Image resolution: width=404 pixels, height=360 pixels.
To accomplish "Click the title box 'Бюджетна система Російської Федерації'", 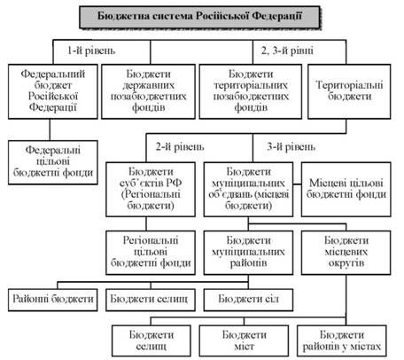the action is click(x=199, y=17).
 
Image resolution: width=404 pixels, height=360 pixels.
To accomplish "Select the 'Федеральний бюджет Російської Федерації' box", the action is click(x=53, y=91).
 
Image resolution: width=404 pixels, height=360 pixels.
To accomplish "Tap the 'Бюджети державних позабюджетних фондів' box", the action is click(x=148, y=91).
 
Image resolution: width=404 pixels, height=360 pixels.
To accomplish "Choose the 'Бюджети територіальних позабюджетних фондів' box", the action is click(x=251, y=91).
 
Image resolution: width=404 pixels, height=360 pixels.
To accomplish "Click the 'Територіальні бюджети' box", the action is click(x=349, y=91).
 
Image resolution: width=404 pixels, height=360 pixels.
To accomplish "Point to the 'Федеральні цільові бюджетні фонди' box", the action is click(x=53, y=162).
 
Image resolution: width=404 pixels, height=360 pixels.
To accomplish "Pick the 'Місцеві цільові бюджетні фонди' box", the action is click(x=346, y=189).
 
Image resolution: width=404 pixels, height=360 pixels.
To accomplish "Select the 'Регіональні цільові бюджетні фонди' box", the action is click(x=151, y=253).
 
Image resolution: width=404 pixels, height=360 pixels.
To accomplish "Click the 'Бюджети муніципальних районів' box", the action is click(x=248, y=253).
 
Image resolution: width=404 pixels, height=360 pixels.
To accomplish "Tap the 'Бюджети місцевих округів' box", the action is click(x=346, y=253).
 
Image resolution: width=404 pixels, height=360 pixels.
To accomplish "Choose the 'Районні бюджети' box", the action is click(x=53, y=300).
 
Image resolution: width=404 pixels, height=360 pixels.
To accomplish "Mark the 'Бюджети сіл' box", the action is click(x=248, y=300).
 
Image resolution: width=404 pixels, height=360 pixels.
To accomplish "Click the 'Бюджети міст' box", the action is click(x=244, y=340).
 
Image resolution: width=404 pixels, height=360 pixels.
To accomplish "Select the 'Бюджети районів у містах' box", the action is click(x=342, y=340).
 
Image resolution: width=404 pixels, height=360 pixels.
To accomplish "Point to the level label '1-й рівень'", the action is click(x=91, y=51).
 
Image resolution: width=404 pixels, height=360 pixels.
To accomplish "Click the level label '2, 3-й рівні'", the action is click(x=287, y=51).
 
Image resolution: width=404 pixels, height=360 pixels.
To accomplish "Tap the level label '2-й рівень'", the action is click(x=180, y=146).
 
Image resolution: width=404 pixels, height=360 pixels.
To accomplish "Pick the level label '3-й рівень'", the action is click(x=291, y=146).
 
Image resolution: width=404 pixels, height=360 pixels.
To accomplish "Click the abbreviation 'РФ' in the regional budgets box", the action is click(x=174, y=183).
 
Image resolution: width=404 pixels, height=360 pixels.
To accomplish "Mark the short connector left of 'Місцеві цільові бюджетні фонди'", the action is click(x=297, y=184).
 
